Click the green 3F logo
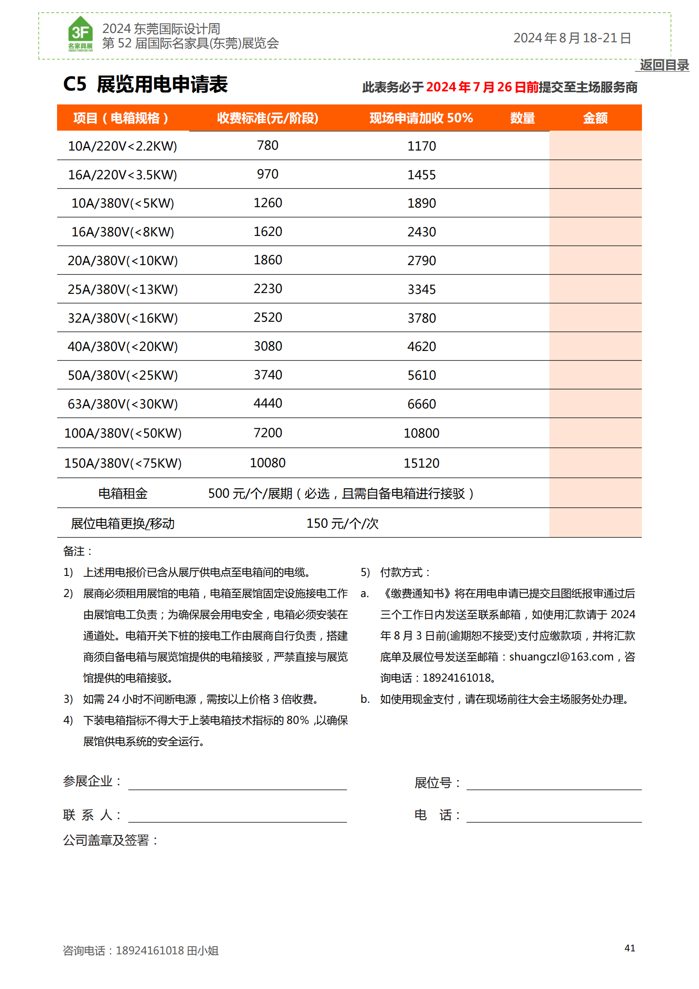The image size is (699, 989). [80, 33]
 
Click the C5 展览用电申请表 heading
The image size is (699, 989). [145, 84]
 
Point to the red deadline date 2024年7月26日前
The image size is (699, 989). [482, 87]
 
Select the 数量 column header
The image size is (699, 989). [522, 118]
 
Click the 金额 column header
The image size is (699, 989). [595, 118]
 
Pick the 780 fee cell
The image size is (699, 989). [267, 145]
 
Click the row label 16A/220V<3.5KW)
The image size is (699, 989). [123, 175]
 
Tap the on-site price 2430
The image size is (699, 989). [421, 232]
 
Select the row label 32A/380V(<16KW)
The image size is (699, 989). [123, 318]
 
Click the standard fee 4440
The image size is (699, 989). [267, 404]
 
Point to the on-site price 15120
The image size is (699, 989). [421, 463]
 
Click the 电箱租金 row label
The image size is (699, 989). [123, 493]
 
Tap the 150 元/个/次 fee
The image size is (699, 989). [342, 524]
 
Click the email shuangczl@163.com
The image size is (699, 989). [561, 657]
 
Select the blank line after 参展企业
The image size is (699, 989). [237, 783]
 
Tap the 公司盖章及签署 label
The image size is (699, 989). [110, 841]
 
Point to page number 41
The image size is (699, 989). [630, 948]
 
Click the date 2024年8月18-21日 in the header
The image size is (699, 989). [572, 38]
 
